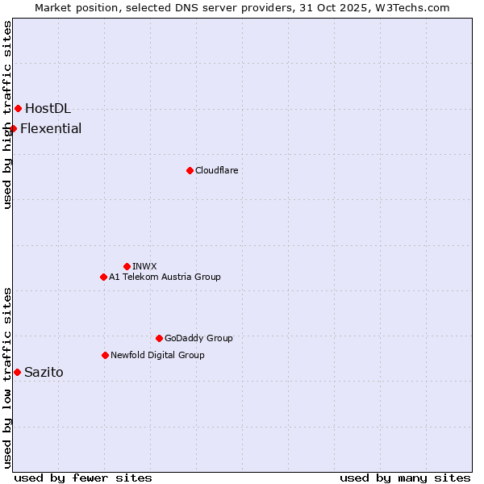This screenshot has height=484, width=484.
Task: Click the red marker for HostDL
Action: coord(18,108)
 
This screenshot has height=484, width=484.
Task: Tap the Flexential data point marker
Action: coord(13,128)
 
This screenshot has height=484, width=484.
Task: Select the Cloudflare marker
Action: coord(190,170)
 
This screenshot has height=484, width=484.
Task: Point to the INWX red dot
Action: coord(127,266)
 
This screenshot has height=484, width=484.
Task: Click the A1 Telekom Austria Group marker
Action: coord(103,277)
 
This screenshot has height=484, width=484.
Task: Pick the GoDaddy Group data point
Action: coord(159,338)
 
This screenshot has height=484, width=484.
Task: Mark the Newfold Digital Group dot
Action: coord(105,355)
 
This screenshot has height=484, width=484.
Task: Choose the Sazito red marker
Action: coord(17,372)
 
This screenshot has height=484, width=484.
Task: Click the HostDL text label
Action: coord(48,108)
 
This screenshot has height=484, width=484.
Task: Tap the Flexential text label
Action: coord(51,128)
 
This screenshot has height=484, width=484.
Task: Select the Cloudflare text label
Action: coord(216,170)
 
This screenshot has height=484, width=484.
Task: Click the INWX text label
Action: coord(144,266)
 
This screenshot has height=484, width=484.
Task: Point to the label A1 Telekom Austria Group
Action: coord(165,277)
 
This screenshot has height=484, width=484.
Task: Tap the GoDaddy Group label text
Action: coord(198,338)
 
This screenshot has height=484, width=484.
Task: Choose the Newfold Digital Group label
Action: coord(157,355)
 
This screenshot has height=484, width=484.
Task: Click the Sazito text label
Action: coord(44,372)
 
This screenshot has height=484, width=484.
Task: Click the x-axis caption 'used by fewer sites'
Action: coord(83,478)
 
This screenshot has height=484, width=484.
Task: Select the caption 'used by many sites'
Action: coord(405,478)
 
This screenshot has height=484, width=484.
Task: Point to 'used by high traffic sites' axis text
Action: coord(7,115)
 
